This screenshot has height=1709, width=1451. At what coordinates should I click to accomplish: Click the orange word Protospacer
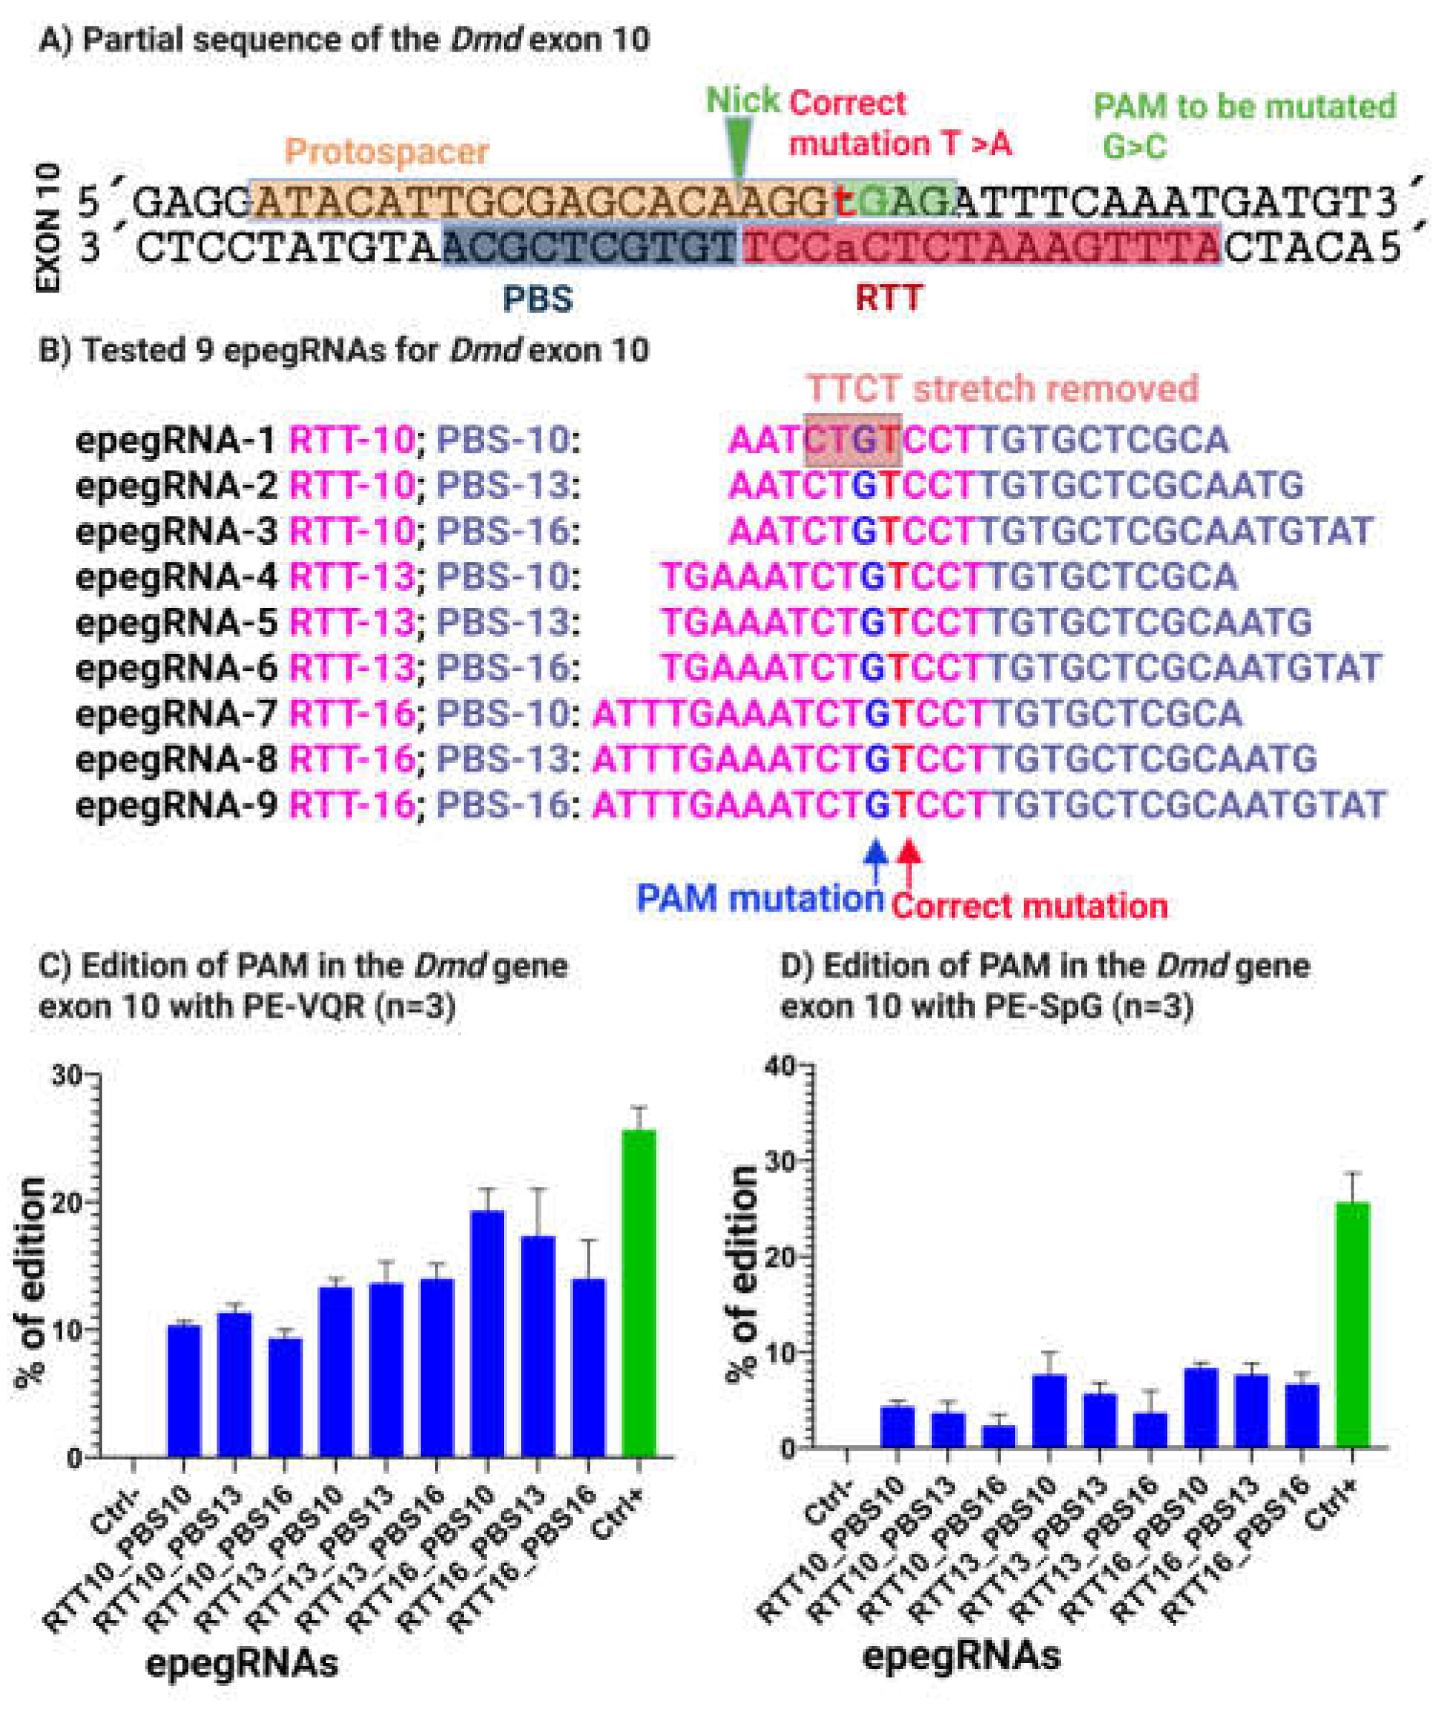(386, 151)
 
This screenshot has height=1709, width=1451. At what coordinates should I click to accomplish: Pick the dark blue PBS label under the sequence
(537, 298)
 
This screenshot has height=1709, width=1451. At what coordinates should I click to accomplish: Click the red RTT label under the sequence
(888, 298)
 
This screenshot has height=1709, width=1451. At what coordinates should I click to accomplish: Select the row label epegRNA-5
(176, 623)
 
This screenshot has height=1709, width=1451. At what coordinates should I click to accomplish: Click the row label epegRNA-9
(176, 805)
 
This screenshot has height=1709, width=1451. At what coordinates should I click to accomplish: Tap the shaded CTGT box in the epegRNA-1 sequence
(852, 440)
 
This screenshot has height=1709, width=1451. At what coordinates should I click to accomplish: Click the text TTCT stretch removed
(1002, 389)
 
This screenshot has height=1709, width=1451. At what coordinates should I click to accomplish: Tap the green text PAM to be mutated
(1244, 107)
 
